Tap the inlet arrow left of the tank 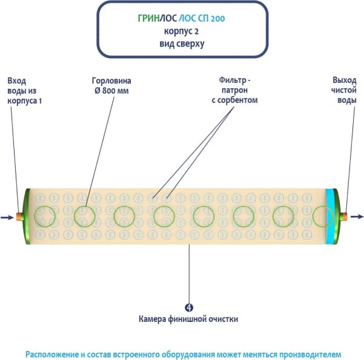pos(7,217)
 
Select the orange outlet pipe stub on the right pos(344,216)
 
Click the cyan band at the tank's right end pos(330,216)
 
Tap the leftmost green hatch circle pos(44,216)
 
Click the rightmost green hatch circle pos(322,216)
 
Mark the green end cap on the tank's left pos(27,216)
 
